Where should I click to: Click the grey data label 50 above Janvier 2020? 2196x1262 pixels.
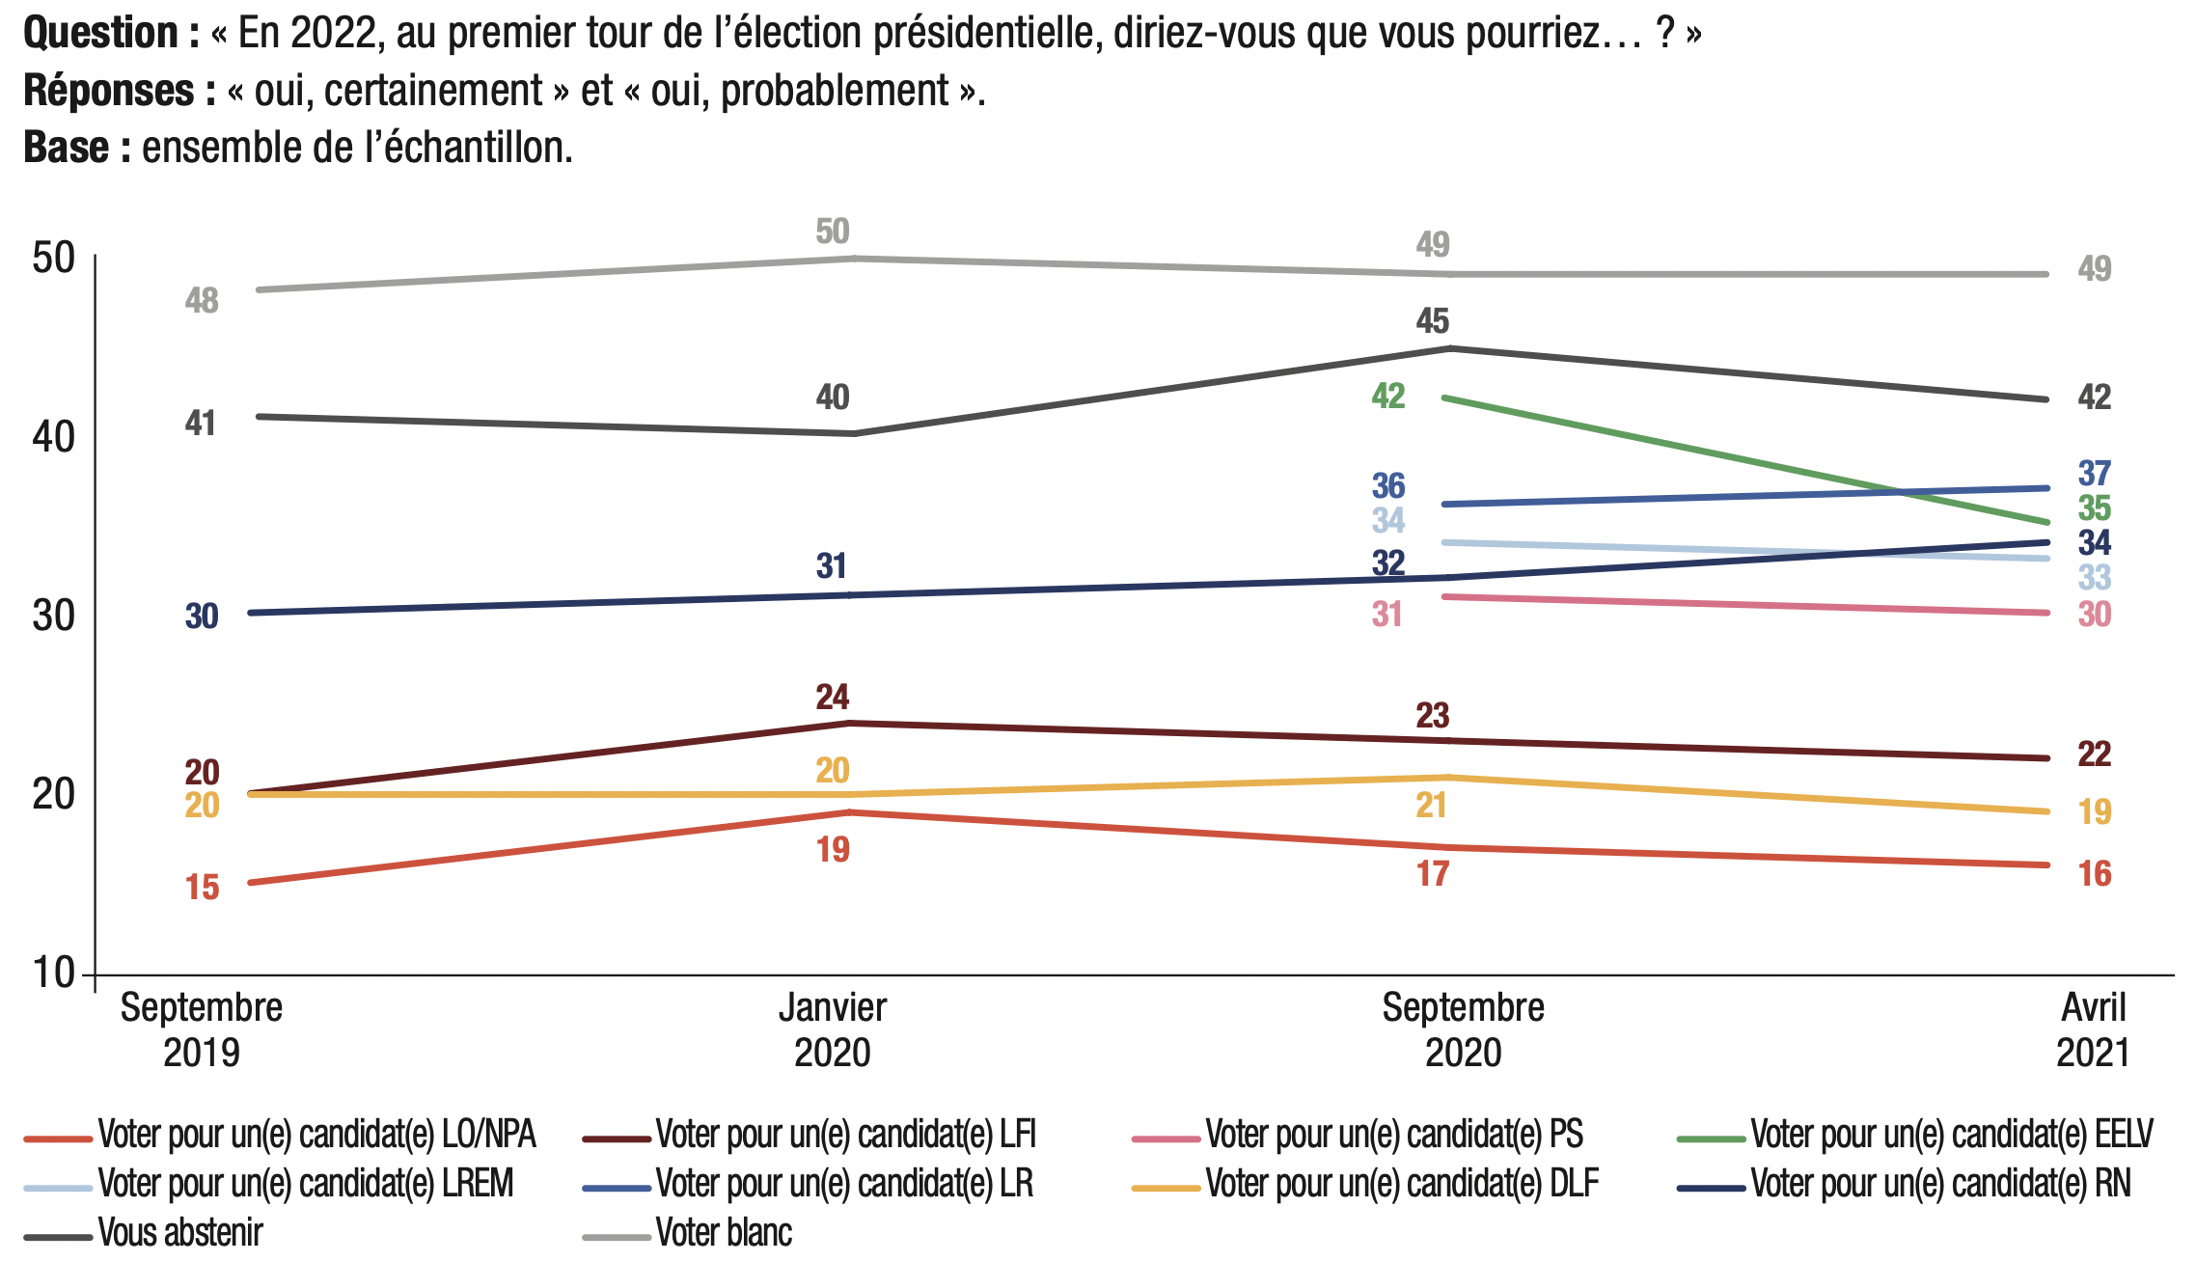[x=833, y=232]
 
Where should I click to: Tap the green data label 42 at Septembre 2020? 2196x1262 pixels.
[x=1388, y=396]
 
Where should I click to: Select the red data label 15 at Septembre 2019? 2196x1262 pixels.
[x=203, y=888]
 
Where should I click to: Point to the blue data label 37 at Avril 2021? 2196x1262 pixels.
[x=2095, y=474]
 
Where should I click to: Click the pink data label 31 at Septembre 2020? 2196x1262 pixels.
[x=1387, y=615]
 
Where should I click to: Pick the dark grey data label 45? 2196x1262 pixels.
[x=1433, y=321]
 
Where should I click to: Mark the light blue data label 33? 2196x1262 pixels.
[x=2095, y=578]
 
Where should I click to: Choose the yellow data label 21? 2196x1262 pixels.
[x=1432, y=806]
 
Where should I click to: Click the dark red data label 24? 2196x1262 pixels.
[x=833, y=697]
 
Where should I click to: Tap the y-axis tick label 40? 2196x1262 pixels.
[x=54, y=437]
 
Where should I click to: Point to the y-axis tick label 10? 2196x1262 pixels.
[x=54, y=973]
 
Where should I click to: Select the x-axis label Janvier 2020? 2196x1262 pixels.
[x=833, y=1029]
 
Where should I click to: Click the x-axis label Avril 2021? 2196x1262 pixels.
[x=2093, y=1029]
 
